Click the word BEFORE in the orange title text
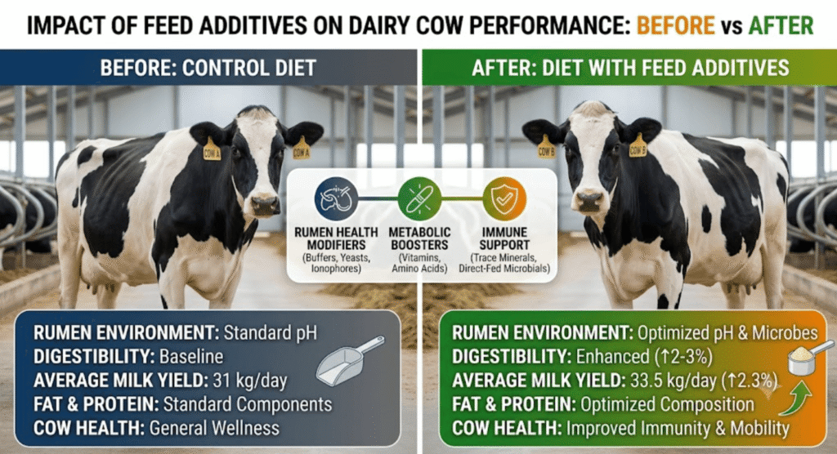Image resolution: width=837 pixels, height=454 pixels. click(675, 25)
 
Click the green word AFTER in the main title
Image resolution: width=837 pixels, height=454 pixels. click(781, 25)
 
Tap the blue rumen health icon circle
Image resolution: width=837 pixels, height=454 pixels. click(336, 199)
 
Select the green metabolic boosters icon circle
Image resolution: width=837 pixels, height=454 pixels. click(419, 199)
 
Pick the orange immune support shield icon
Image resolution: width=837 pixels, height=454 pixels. click(504, 199)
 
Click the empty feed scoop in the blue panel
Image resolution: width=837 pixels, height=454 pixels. click(350, 361)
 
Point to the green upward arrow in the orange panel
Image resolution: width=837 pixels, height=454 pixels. click(796, 397)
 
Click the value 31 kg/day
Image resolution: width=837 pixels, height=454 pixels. click(250, 381)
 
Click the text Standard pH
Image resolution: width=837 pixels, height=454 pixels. click(270, 333)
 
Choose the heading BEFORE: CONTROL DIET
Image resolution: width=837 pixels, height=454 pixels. click(208, 69)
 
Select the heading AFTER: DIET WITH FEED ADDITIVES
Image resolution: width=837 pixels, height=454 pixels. click(630, 69)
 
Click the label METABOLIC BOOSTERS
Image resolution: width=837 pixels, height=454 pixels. click(419, 238)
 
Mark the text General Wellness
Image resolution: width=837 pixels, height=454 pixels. click(214, 428)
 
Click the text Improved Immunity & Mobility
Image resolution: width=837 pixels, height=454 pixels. click(678, 428)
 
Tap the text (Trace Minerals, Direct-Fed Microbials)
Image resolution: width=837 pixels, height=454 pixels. click(504, 263)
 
